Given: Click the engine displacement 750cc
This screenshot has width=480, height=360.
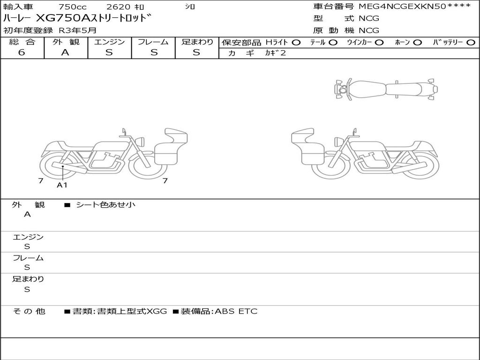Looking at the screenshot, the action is [x=73, y=7].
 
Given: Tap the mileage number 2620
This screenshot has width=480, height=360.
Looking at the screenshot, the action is [x=118, y=7].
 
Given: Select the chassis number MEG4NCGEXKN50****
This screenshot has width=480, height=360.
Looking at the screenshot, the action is [x=414, y=7].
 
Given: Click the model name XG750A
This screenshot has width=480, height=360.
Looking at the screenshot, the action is [x=62, y=18].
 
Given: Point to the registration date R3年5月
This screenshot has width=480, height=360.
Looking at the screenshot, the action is [x=78, y=30].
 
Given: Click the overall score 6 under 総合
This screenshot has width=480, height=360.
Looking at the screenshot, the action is [x=22, y=52].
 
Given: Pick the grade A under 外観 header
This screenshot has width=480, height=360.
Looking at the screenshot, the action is [x=65, y=52].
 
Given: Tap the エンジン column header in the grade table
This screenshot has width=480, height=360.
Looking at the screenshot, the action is [x=109, y=42].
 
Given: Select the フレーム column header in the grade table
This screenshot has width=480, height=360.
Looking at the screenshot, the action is [x=153, y=42].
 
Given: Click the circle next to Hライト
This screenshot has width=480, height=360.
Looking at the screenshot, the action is [x=296, y=43].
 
